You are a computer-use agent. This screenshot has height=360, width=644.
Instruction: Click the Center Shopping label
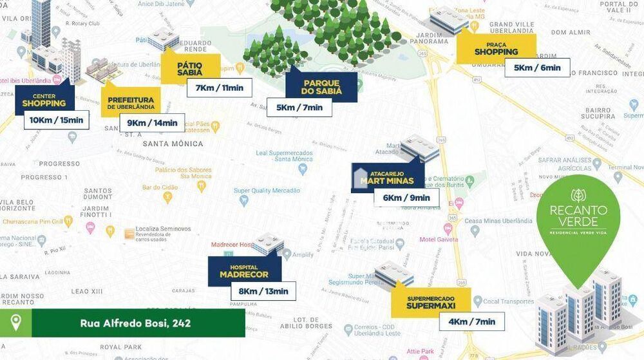click(44, 100)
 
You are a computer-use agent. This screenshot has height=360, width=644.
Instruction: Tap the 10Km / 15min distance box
click(56, 120)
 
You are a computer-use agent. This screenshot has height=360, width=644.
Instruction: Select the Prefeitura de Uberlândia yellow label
click(131, 102)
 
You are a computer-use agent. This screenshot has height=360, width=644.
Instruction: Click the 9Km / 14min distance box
click(152, 123)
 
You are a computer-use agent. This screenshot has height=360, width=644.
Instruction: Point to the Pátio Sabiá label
click(190, 68)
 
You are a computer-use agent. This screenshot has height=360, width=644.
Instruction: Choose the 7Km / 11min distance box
click(219, 88)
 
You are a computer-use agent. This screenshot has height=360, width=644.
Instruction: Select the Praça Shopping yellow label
click(496, 48)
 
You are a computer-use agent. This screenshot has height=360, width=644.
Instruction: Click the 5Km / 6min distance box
click(537, 68)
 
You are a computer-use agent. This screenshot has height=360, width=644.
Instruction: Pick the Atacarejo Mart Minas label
click(388, 177)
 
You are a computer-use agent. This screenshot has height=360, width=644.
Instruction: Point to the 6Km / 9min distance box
click(406, 198)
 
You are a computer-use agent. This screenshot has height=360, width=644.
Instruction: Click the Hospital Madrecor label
click(244, 270)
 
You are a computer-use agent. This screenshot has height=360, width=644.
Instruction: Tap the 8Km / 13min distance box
click(263, 291)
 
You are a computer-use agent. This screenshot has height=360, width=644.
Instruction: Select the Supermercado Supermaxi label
click(431, 302)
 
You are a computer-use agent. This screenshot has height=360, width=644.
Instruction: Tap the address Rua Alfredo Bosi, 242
click(135, 323)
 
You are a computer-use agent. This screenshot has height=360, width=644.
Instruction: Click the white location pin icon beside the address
click(15, 322)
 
